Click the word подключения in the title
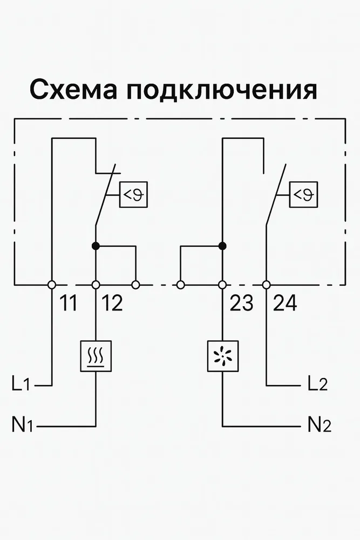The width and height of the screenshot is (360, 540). (222, 90)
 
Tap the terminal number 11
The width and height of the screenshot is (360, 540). (68, 303)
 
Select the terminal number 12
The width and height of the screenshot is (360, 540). (112, 303)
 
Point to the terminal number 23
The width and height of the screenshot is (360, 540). (241, 303)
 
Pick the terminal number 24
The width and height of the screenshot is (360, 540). (284, 303)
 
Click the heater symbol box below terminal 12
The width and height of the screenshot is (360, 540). (96, 356)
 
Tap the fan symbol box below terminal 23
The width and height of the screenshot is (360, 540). (222, 356)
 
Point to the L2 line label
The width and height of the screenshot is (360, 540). (317, 384)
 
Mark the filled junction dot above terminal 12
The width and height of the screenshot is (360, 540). (96, 246)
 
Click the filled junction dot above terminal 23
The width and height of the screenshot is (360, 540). (222, 246)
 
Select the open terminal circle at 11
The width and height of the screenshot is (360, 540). (52, 285)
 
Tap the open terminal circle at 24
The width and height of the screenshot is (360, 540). (266, 285)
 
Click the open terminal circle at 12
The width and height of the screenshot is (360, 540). (96, 285)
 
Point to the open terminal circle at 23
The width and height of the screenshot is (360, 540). (222, 285)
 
